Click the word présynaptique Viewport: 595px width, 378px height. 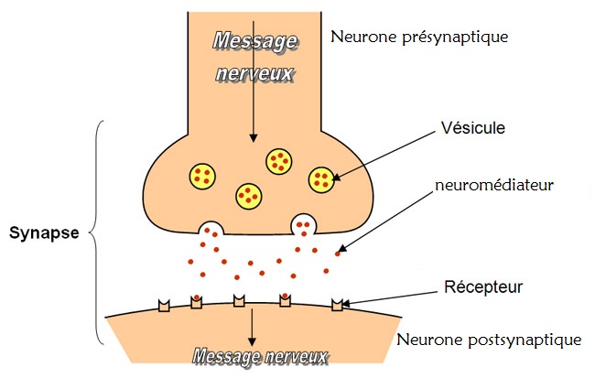(x=460, y=38)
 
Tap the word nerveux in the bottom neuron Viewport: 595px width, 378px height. (x=293, y=356)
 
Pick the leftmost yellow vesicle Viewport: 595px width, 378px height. (x=203, y=174)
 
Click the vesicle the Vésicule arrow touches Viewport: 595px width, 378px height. (x=322, y=179)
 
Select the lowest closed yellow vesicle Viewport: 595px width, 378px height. (x=249, y=194)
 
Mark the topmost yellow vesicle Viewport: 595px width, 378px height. (x=280, y=161)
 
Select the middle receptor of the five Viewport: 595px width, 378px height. (x=239, y=301)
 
